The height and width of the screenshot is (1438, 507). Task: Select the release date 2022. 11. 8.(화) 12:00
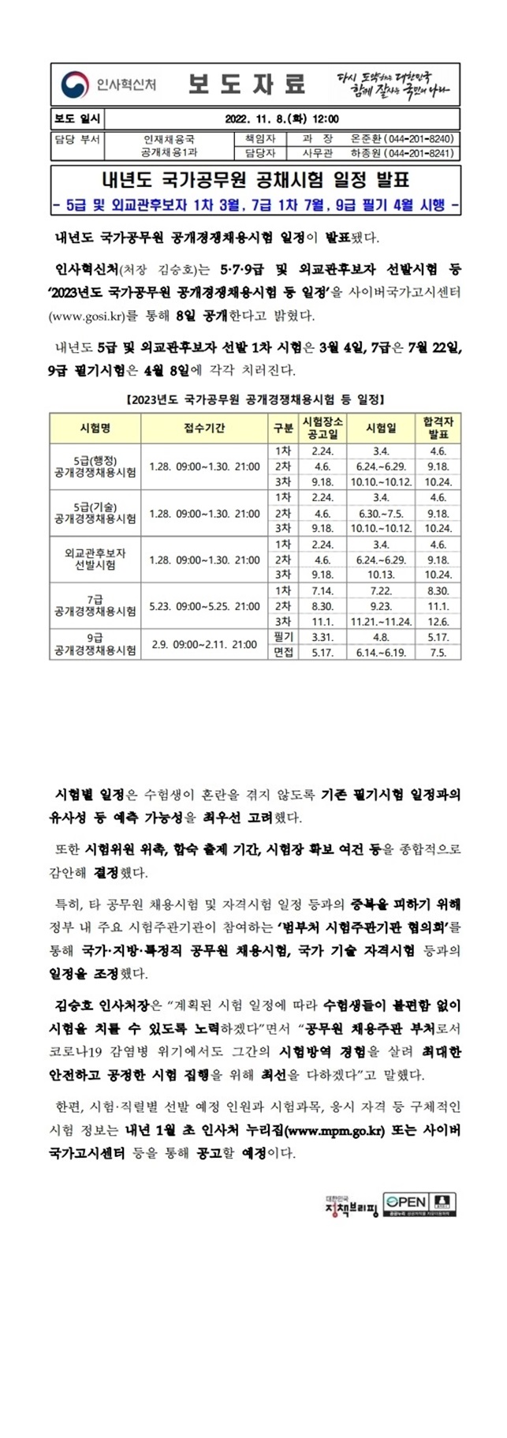(x=281, y=119)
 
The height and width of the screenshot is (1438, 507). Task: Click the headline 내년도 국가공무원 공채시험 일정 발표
(x=255, y=180)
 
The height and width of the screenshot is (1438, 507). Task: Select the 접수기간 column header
(x=204, y=428)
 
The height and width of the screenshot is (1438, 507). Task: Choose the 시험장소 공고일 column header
(x=322, y=428)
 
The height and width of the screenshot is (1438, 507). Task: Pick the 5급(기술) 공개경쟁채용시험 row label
(x=95, y=513)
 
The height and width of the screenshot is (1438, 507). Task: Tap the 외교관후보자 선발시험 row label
(x=95, y=560)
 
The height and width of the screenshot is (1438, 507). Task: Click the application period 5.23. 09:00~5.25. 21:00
(x=204, y=606)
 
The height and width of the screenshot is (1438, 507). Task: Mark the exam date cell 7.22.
(x=381, y=591)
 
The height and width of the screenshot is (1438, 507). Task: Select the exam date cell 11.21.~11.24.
(x=381, y=622)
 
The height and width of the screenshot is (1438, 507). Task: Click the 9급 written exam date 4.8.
(x=381, y=637)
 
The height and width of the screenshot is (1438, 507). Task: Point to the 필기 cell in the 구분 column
(x=283, y=637)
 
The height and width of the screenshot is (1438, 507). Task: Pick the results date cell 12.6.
(x=438, y=622)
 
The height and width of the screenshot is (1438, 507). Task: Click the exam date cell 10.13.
(x=381, y=575)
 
